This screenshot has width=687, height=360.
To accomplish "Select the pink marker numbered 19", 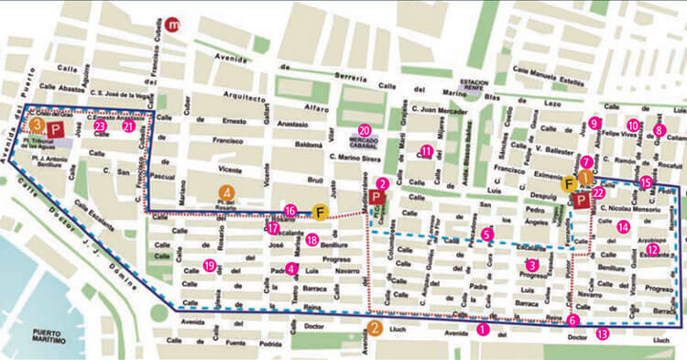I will pos(210,267).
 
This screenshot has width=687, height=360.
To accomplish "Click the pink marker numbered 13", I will pos(602,335).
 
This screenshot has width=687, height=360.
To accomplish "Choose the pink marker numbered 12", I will pos(652,249).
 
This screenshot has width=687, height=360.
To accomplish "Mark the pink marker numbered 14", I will pos(624,226).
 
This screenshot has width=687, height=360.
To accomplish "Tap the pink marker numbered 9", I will pos(594,123).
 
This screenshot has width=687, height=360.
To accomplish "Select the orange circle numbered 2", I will pos(374,327).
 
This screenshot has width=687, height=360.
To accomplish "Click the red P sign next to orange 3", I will pos(56,130).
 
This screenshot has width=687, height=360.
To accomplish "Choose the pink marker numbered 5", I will pos(487,235).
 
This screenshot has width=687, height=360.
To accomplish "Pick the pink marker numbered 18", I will pos(312,240).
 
